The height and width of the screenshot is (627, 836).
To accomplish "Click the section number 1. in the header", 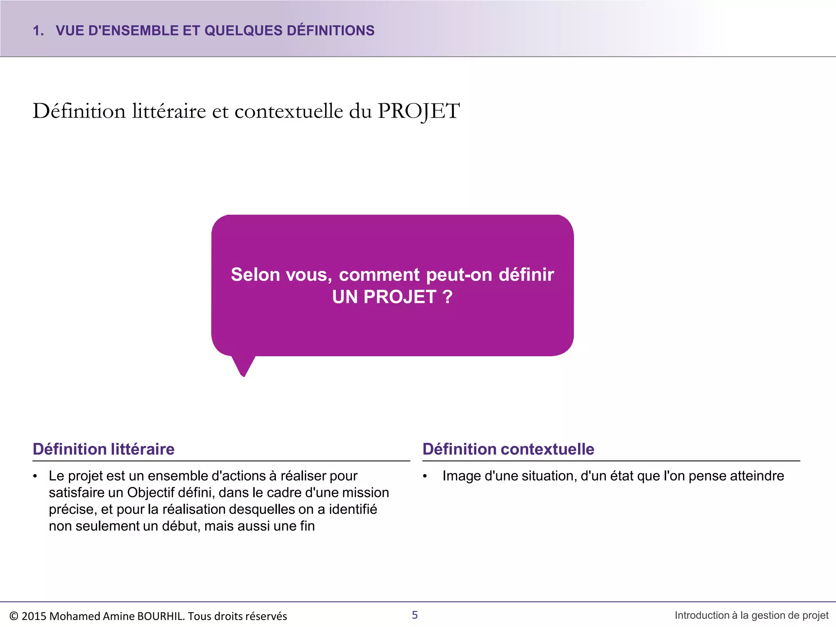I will click(38, 31).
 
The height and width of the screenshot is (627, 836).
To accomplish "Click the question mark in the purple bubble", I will click(448, 297).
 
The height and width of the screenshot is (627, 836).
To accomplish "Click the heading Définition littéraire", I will click(104, 449).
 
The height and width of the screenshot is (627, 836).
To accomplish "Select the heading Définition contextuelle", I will click(508, 449).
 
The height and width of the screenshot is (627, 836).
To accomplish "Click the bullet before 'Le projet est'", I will click(36, 476).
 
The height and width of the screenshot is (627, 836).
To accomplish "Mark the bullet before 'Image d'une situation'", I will click(425, 476).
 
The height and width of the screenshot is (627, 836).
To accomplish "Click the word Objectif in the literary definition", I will click(151, 493).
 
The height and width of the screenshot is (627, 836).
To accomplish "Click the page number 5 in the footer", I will click(415, 615).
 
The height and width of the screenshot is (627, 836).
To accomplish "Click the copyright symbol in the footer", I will click(14, 616).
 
